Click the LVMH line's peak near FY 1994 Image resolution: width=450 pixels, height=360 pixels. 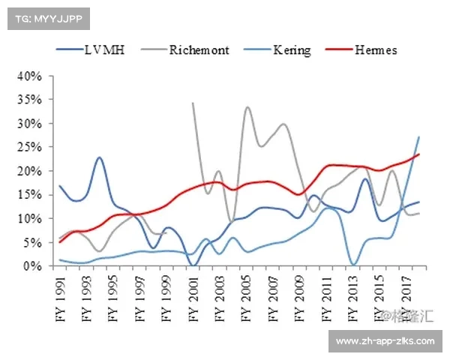[100, 157]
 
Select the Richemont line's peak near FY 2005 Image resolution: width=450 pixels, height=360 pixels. [247, 107]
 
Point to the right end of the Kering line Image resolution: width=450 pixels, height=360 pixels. [418, 136]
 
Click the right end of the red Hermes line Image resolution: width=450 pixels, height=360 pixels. [418, 154]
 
